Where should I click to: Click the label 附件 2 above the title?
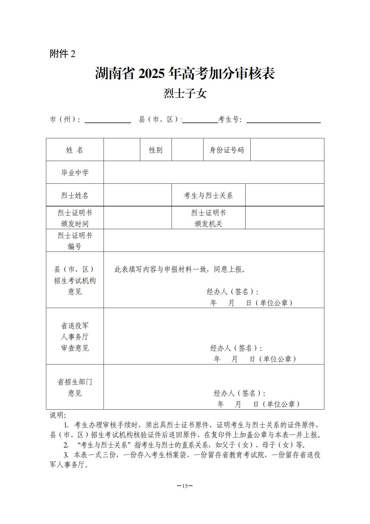coord(62,54)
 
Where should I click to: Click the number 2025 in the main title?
coord(151,74)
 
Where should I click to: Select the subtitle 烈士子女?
coord(185,94)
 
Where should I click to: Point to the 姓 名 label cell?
coord(75,150)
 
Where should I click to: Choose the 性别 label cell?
coord(156,150)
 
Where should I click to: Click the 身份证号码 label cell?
coord(227,150)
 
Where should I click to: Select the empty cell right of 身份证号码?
coord(287,150)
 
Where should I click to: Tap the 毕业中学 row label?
coord(75,173)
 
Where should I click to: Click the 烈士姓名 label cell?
coord(75,195)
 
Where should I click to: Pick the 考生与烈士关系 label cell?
coord(208,195)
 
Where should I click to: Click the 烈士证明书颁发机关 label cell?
coord(208,218)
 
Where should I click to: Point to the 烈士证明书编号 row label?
coord(75,241)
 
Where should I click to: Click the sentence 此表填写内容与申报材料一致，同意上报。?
coord(181,269)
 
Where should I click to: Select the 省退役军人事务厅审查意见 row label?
coord(75,337)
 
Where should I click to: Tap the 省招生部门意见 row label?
coord(75,387)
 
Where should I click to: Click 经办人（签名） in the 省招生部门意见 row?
coord(239,393)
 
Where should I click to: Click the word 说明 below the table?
coord(57,415)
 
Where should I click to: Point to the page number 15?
coord(185,486)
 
